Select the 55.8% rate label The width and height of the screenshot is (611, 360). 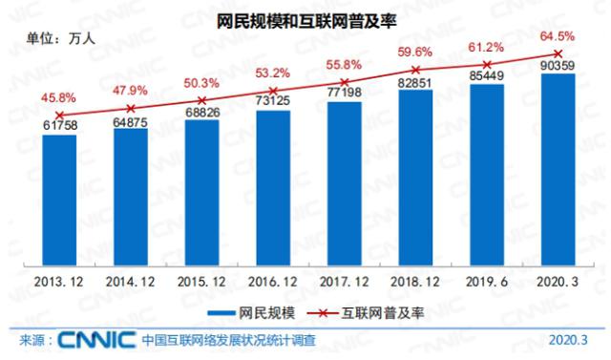pos(345,63)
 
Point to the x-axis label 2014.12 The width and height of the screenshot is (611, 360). pos(130,283)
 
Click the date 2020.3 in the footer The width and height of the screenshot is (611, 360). pos(569,341)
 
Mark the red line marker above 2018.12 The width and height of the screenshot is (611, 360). pos(415,70)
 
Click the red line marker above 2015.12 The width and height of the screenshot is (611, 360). pos(201,99)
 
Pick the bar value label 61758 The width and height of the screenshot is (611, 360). pos(59,125)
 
